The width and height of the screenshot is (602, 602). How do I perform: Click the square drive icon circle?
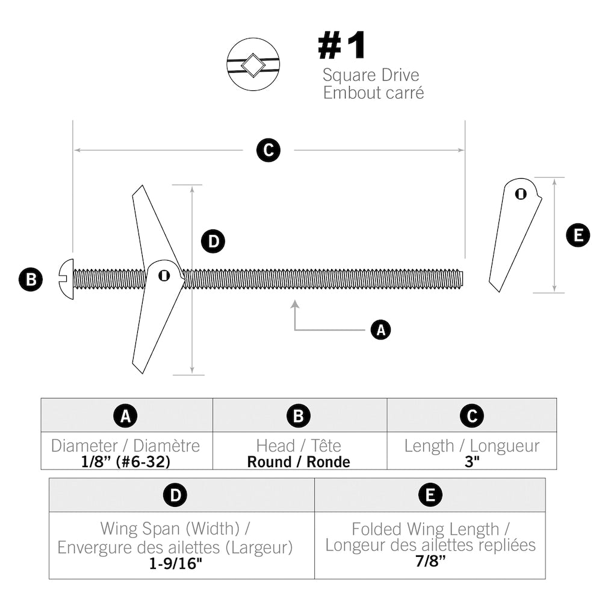pos(253,65)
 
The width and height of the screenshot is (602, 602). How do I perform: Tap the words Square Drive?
pos(370,75)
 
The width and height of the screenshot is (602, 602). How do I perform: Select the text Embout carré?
pos(373,93)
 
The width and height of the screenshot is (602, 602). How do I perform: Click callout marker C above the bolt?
pos(268,150)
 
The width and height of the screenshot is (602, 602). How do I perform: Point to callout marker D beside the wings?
pos(213,242)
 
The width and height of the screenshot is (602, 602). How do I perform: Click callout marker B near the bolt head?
pos(31,279)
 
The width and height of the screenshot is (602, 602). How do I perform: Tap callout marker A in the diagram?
pos(380,330)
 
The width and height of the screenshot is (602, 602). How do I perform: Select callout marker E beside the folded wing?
pos(578,235)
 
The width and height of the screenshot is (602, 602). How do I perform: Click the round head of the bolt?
pos(66,279)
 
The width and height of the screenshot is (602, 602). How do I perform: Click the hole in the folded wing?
pos(520,194)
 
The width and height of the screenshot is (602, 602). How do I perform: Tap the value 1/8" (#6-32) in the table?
pos(126,462)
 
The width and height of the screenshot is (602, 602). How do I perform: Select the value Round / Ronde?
pos(299,462)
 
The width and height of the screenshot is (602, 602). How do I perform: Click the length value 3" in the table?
pos(471,462)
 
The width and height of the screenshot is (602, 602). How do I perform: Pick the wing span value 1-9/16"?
pos(175,564)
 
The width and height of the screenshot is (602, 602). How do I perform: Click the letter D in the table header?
pos(175,495)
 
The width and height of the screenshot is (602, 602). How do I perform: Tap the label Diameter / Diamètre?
pos(126,446)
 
